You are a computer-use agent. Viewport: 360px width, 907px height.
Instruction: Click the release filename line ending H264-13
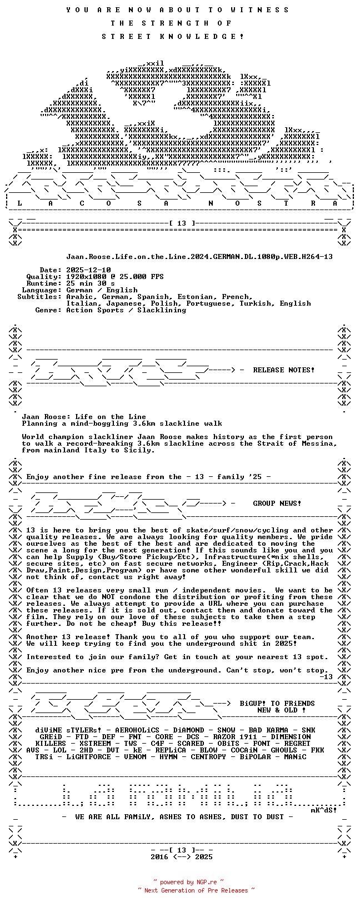coord(199,257)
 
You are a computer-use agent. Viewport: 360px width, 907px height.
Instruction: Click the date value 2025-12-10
coord(88,270)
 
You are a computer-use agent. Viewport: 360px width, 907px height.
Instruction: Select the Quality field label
coord(43,277)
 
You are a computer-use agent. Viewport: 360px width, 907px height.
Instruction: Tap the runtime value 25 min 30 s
coord(91,283)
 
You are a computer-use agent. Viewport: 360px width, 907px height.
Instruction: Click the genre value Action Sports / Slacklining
coord(126,310)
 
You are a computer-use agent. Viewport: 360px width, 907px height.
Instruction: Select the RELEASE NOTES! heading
coord(283,370)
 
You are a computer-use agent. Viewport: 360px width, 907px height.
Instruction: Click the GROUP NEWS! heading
coord(277,504)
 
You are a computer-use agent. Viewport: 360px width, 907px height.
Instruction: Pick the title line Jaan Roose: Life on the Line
coord(84,417)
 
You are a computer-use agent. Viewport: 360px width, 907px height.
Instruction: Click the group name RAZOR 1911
coord(235,737)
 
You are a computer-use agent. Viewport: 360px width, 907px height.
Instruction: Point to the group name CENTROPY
coord(208,757)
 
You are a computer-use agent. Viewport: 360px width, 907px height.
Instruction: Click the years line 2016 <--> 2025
coord(182,857)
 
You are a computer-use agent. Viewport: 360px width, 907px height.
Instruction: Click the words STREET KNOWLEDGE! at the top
coord(173,37)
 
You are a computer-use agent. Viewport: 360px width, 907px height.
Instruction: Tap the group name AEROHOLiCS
coord(137,730)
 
